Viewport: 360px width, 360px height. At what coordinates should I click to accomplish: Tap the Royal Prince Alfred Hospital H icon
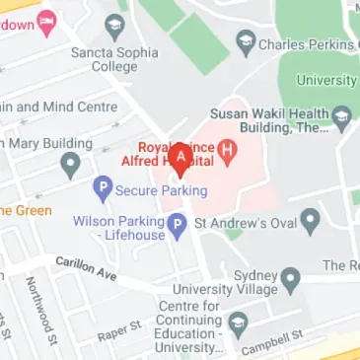pos(229,151)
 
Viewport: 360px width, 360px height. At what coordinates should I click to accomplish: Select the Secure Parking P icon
pos(102,187)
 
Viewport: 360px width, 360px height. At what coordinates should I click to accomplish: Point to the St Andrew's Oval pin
pos(310,220)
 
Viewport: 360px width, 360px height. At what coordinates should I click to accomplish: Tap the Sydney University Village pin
pos(290,279)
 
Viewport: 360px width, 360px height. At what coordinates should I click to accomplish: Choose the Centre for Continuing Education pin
pos(237,323)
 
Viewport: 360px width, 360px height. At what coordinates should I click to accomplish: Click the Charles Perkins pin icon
pos(246,41)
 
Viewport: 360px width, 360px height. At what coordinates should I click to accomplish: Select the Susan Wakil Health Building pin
pos(342,117)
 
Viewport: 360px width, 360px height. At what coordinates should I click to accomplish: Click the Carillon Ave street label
pos(86,267)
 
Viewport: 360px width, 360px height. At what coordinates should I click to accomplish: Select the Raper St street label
pos(118,332)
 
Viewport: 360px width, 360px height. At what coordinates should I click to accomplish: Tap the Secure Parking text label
pos(161,190)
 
